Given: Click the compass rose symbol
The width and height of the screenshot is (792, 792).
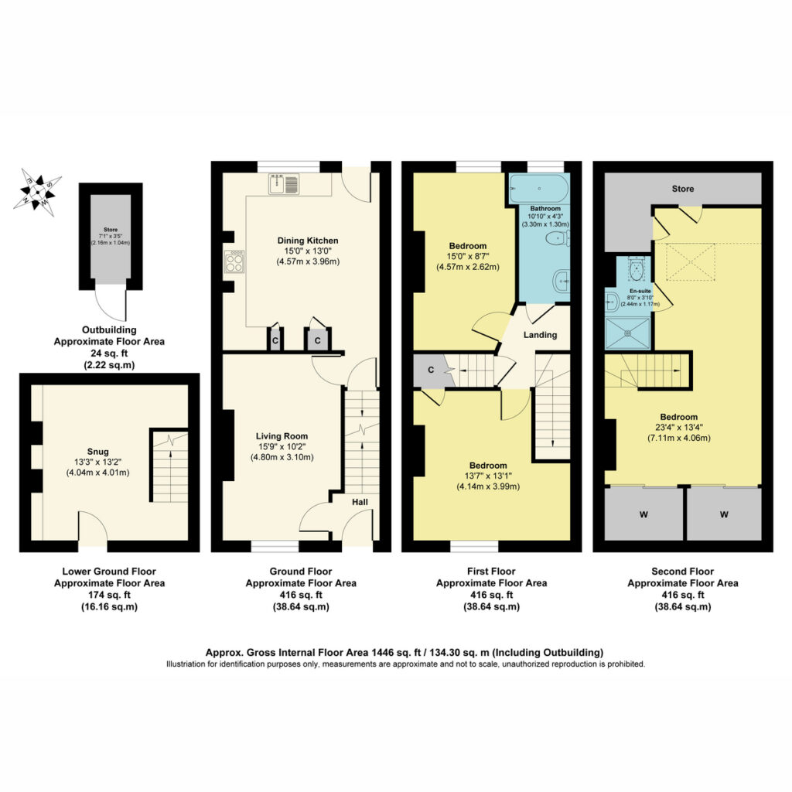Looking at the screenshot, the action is [x=37, y=192].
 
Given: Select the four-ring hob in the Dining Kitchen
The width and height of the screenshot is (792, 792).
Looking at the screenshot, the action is [x=234, y=261].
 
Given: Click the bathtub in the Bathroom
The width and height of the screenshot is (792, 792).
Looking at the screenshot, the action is [x=539, y=189].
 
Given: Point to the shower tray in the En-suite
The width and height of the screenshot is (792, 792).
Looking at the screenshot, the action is [x=628, y=333].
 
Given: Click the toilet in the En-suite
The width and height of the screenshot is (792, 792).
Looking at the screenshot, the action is [x=636, y=268].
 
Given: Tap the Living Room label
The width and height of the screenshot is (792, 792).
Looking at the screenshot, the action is [x=282, y=436].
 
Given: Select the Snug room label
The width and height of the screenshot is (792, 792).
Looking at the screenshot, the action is [x=97, y=452].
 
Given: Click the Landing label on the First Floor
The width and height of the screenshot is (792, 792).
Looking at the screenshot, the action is [x=540, y=335].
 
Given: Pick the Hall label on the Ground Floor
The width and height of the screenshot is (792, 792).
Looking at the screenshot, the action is [x=360, y=502].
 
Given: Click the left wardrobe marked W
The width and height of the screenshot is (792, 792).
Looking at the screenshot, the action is [x=643, y=514].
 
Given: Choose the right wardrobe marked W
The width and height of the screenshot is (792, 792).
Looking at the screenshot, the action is [x=724, y=514].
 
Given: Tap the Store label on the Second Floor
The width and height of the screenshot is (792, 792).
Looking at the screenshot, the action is [x=683, y=189].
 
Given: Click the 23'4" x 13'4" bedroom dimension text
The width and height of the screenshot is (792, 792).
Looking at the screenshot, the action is [x=678, y=427].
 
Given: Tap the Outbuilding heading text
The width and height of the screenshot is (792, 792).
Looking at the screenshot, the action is [x=109, y=329].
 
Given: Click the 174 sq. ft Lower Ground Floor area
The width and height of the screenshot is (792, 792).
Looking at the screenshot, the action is [x=109, y=595].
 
